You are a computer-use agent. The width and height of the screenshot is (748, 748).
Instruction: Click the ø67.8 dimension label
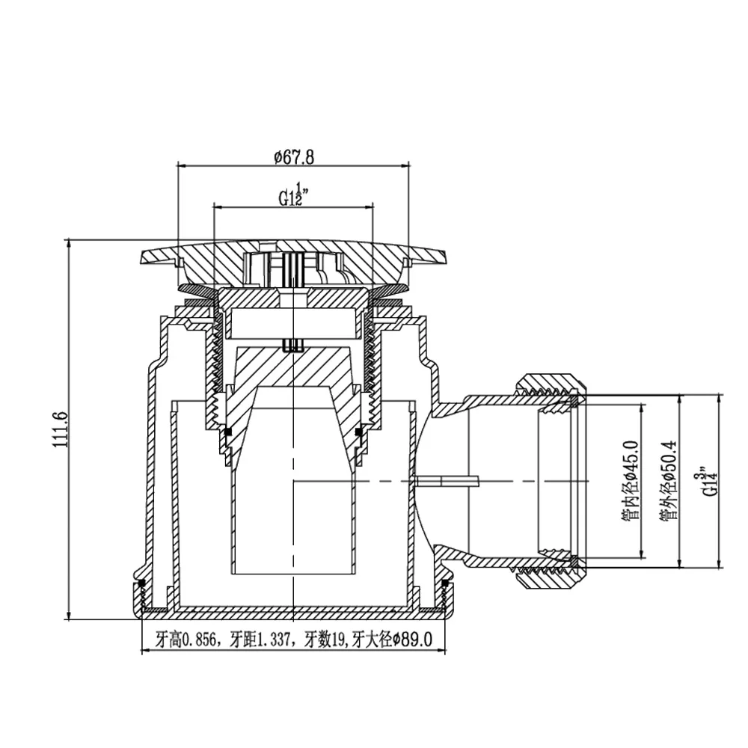tap(294, 157)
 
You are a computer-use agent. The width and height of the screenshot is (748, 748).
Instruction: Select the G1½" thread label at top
tap(294, 194)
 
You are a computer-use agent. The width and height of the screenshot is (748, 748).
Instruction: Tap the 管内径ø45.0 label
tap(630, 480)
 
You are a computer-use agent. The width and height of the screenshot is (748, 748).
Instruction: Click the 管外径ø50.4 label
tap(669, 480)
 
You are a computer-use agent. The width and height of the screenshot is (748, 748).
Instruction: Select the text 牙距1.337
tap(260, 640)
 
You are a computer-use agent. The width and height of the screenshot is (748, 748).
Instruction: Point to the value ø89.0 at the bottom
tap(412, 640)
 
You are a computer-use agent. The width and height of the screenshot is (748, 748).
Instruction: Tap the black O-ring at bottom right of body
tap(445, 583)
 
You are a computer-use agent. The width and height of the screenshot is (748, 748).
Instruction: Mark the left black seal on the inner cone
tap(228, 432)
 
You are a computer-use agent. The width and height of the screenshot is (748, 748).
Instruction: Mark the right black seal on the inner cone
tap(359, 432)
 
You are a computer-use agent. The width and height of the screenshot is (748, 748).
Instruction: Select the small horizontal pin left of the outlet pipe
tap(447, 481)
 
